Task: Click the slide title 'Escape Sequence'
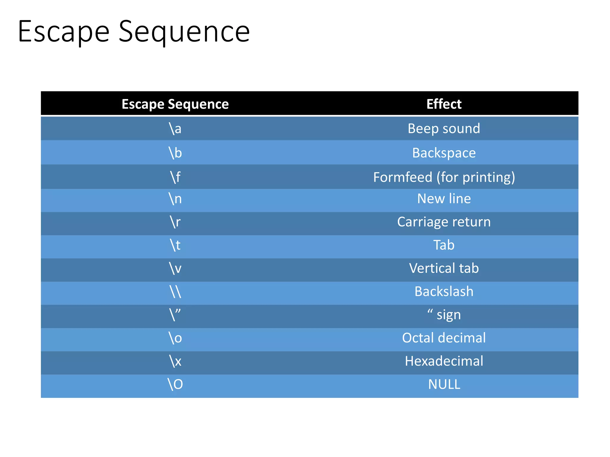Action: point(134,32)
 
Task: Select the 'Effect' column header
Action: point(444,104)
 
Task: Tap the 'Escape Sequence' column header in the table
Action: point(175,104)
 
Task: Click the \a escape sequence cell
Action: point(175,129)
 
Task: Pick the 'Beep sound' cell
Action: point(444,129)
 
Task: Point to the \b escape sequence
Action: point(175,153)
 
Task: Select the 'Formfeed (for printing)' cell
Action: point(444,177)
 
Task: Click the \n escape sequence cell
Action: point(175,199)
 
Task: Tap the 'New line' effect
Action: point(444,199)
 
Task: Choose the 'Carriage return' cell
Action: point(444,222)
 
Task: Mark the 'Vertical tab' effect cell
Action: point(444,268)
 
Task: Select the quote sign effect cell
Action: point(444,315)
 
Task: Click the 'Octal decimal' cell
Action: point(444,338)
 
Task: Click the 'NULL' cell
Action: point(444,384)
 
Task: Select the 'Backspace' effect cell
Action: point(444,153)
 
